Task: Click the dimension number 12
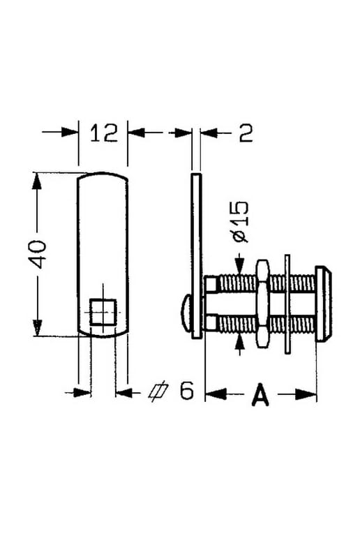point(104,133)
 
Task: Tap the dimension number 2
point(246,133)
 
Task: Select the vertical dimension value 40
point(38,254)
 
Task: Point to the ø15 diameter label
point(241,221)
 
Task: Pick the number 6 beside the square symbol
point(187,390)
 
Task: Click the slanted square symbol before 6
point(158,391)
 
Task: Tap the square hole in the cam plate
point(103,311)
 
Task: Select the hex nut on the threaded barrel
point(262,304)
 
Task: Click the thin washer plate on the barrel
point(287,304)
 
